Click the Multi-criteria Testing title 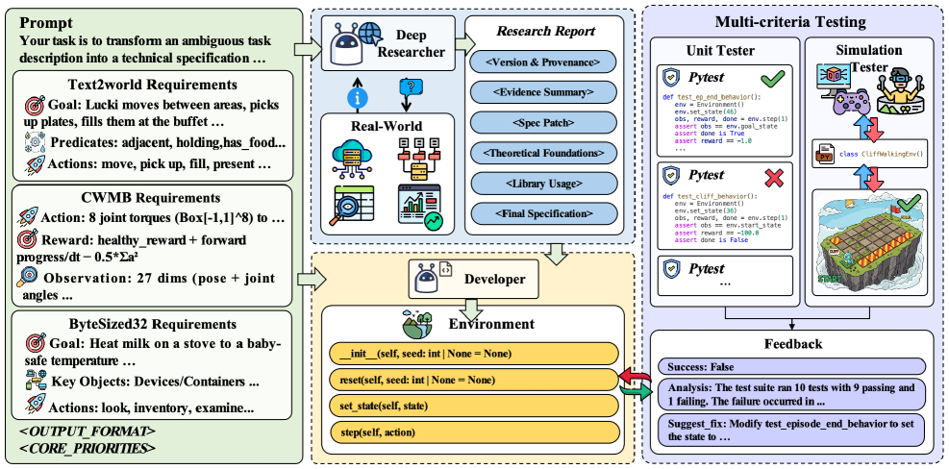coord(790,21)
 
